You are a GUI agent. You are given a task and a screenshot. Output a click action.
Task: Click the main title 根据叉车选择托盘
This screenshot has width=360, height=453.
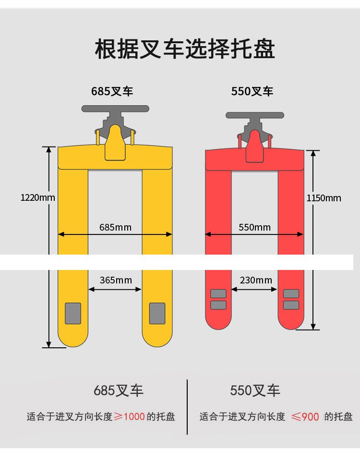(185, 49)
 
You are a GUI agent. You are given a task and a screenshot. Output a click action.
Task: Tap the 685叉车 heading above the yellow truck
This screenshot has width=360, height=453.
(112, 91)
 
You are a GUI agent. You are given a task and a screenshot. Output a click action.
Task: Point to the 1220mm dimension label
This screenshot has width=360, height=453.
(38, 197)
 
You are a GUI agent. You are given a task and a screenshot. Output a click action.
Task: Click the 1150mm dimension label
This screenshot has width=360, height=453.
(324, 198)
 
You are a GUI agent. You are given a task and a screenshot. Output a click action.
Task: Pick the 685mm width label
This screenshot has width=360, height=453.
(115, 227)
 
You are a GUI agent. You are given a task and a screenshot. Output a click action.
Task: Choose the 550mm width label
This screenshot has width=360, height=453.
(254, 227)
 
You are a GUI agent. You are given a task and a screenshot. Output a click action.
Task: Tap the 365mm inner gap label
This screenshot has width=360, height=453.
(115, 280)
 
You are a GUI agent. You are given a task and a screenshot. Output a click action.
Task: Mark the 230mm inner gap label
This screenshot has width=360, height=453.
(255, 280)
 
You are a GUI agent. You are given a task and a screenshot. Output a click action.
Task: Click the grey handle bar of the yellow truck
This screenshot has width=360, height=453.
(115, 109)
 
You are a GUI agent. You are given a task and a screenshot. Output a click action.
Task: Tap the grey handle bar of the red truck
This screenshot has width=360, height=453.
(254, 115)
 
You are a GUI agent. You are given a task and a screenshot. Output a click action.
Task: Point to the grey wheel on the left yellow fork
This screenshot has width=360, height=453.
(73, 313)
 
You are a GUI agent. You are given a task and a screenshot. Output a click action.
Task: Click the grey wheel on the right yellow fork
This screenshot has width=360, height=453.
(157, 313)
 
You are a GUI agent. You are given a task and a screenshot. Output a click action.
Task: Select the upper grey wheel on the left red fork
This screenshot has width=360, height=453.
(218, 294)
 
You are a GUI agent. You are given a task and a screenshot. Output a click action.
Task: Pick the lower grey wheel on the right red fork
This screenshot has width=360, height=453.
(291, 305)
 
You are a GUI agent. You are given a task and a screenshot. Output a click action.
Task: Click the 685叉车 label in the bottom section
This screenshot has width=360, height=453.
(119, 391)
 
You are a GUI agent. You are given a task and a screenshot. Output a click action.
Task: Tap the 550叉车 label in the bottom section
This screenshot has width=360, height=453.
(255, 391)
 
